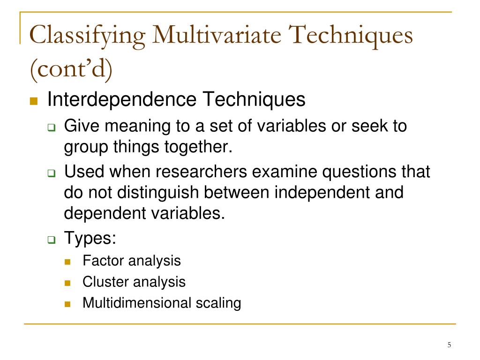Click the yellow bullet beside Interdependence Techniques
33,101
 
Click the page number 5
449,345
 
